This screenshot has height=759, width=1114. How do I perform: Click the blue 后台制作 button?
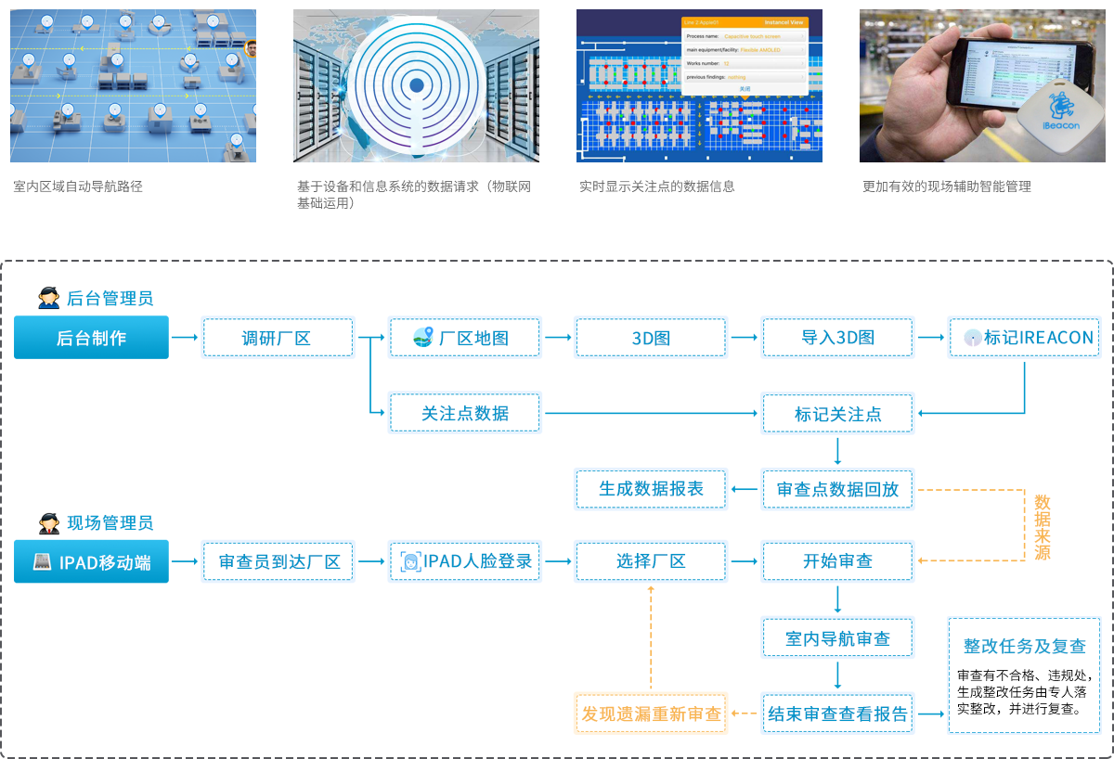click(x=91, y=338)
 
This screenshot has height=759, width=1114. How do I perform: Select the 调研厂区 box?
click(x=278, y=338)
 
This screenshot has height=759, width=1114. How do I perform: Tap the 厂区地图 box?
click(x=464, y=338)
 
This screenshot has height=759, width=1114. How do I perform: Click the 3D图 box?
click(x=651, y=338)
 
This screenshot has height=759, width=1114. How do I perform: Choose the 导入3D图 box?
click(x=837, y=338)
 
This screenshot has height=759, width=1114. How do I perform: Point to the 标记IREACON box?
click(x=1025, y=338)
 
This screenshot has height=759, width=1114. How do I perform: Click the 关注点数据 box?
click(x=464, y=413)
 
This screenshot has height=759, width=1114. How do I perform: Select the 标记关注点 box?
click(x=837, y=414)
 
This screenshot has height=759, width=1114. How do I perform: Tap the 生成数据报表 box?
click(x=651, y=489)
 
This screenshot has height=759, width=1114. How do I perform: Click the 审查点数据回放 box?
click(x=837, y=489)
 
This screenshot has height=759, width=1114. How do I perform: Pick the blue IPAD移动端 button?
click(x=91, y=561)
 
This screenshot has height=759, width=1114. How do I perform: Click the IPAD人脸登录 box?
click(x=464, y=561)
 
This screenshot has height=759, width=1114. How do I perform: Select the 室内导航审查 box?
click(x=837, y=638)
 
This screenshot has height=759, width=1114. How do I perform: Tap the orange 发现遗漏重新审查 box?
click(x=651, y=714)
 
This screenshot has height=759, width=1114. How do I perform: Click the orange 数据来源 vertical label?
click(x=1043, y=526)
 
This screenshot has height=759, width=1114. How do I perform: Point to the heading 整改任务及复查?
click(x=1024, y=647)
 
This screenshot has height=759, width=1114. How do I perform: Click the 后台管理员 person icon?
click(x=48, y=299)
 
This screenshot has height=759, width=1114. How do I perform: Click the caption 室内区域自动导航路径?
click(x=78, y=187)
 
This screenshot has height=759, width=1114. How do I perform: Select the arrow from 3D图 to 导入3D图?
click(x=744, y=338)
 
